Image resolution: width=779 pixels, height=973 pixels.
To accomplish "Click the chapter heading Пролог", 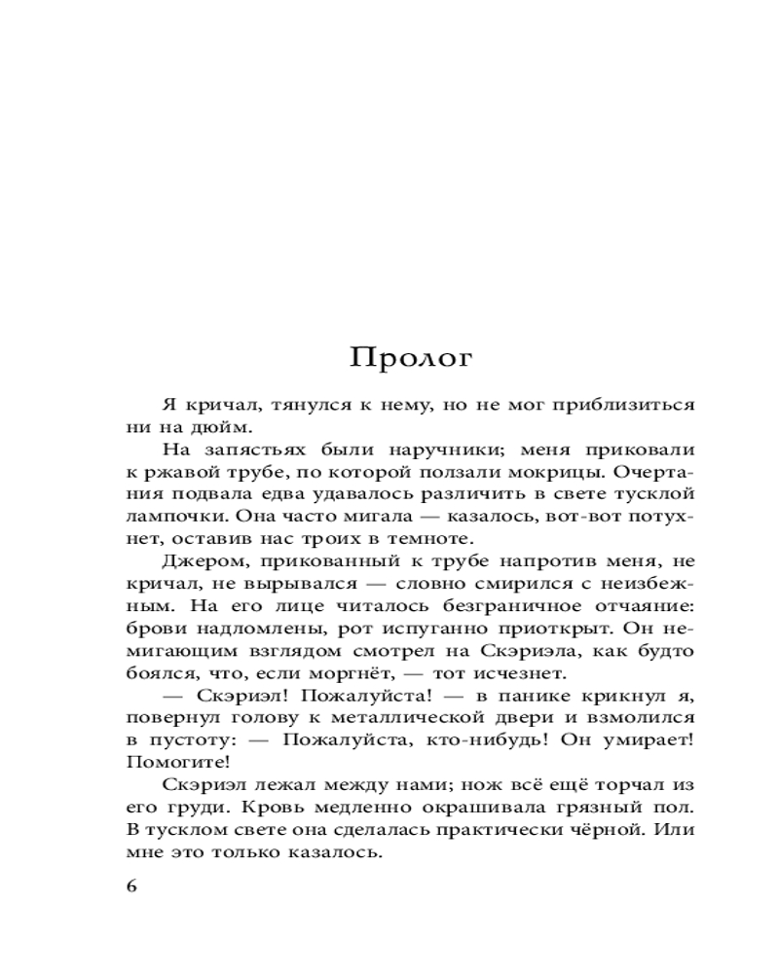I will [412, 358].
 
